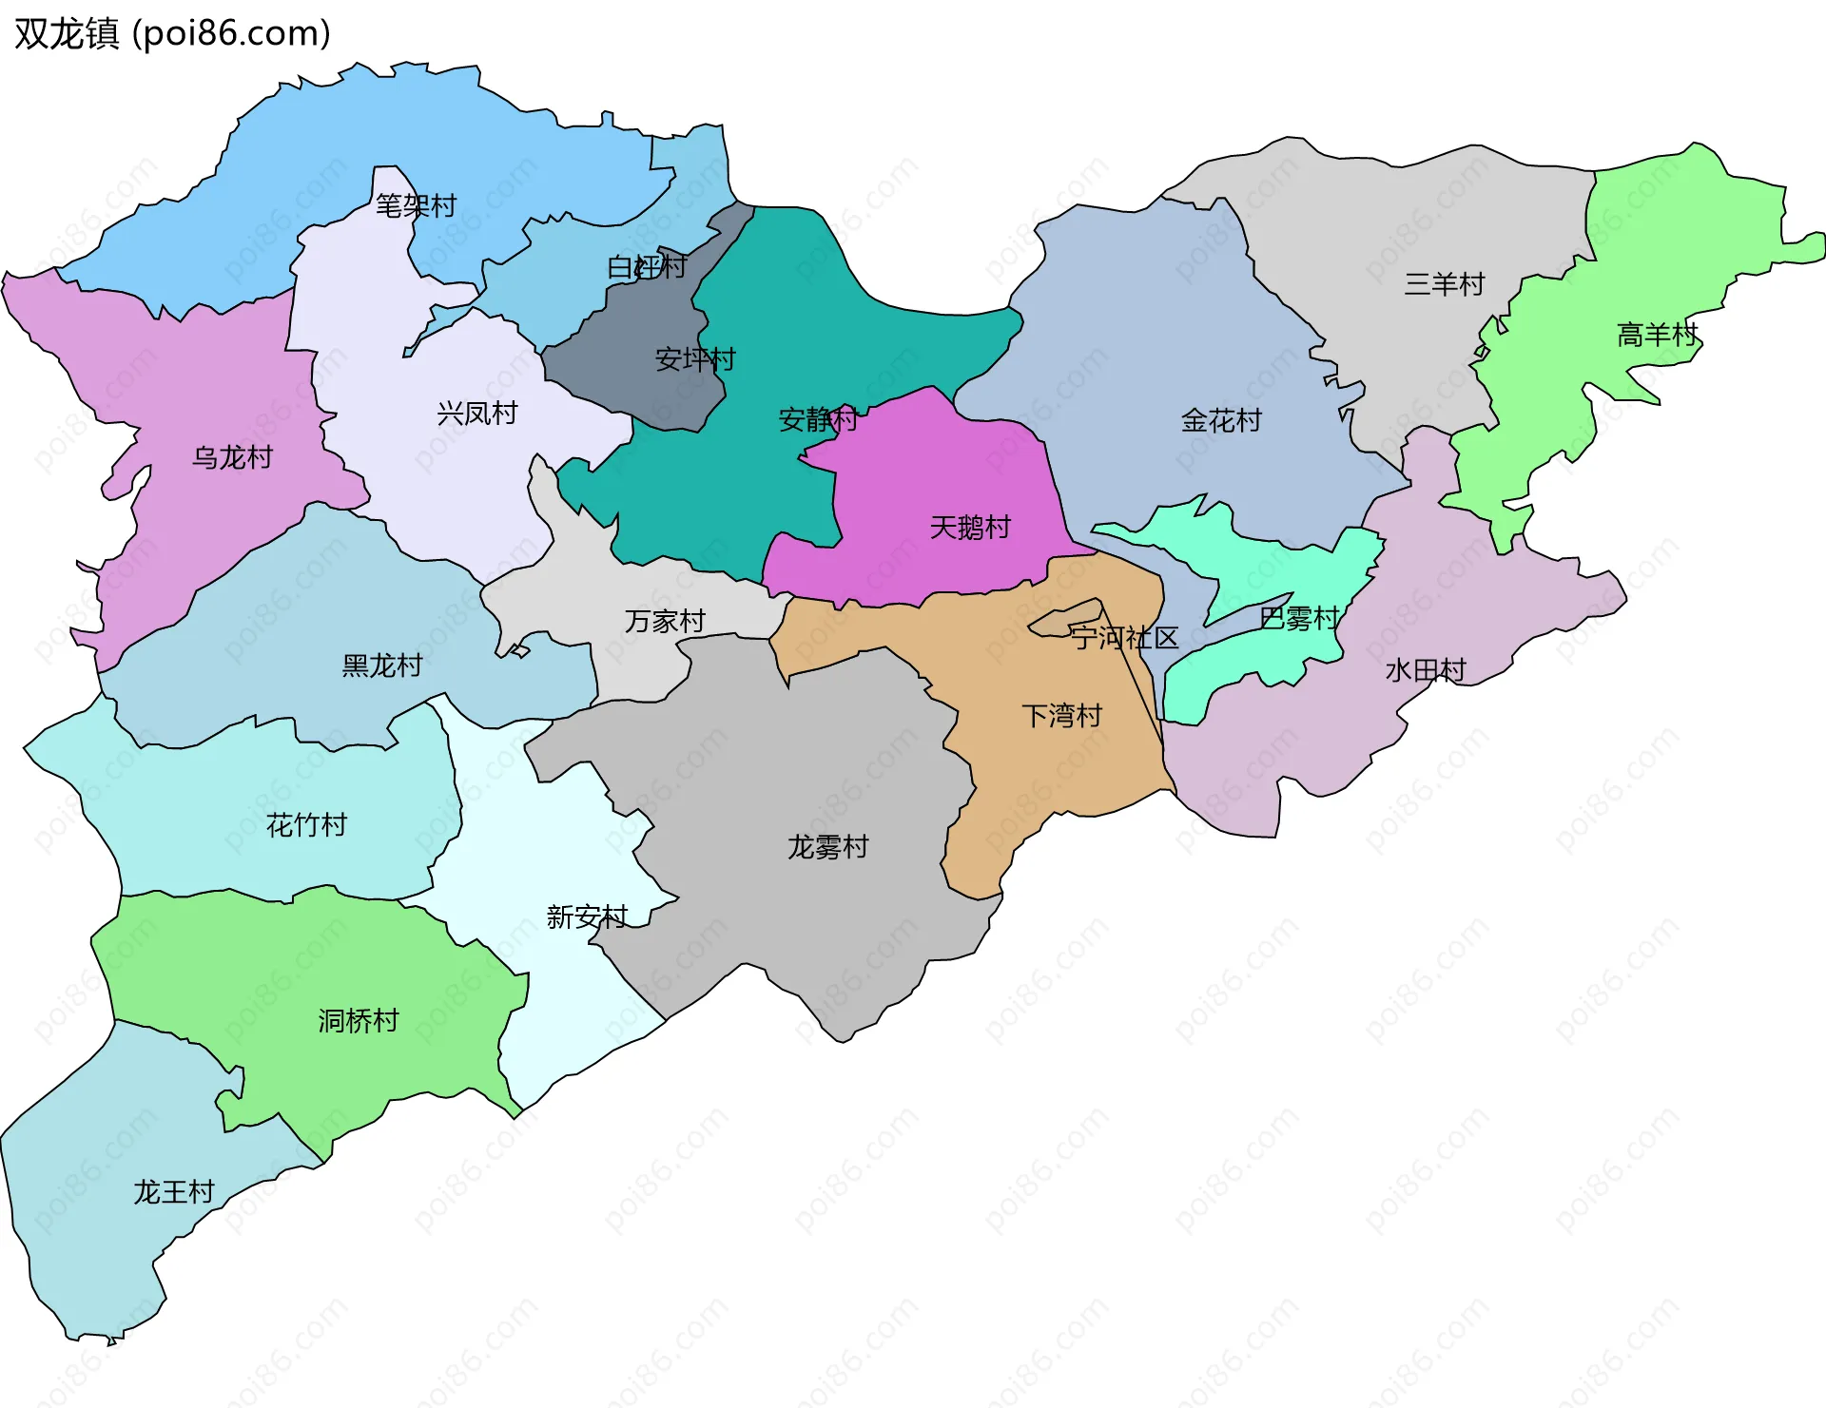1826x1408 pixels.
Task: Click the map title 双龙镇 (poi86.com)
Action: click(x=172, y=34)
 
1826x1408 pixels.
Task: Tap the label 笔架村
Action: click(x=416, y=205)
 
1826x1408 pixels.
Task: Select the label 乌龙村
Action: click(x=232, y=457)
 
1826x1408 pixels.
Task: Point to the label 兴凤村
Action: click(x=476, y=414)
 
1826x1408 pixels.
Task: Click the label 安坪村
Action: click(x=695, y=359)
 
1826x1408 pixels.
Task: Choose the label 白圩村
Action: click(x=647, y=267)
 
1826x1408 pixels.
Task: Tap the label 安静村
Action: click(x=818, y=419)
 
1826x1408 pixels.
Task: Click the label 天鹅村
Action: click(x=969, y=528)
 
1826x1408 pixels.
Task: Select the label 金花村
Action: click(x=1221, y=420)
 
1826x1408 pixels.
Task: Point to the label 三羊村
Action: click(x=1444, y=284)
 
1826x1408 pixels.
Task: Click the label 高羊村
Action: click(x=1657, y=335)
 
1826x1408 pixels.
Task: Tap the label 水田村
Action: click(x=1425, y=671)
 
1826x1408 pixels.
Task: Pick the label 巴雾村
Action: click(x=1298, y=619)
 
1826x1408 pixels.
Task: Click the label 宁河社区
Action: click(x=1125, y=638)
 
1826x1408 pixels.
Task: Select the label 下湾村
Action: click(x=1061, y=716)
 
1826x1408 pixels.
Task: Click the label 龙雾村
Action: click(x=827, y=847)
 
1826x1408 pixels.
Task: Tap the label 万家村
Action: click(x=665, y=622)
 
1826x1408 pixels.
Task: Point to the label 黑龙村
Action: click(x=381, y=665)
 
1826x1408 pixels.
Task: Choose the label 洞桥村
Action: click(x=358, y=1021)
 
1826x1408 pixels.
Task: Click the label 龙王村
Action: click(x=173, y=1192)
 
